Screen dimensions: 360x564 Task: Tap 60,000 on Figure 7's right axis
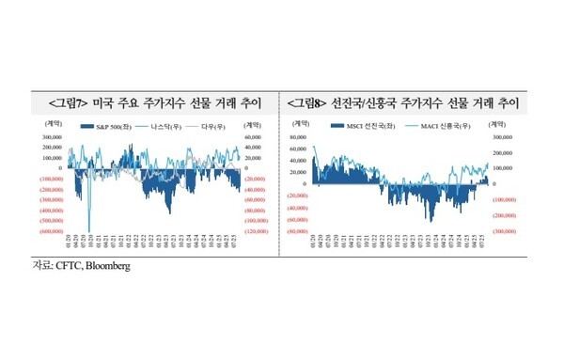[254, 137]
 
